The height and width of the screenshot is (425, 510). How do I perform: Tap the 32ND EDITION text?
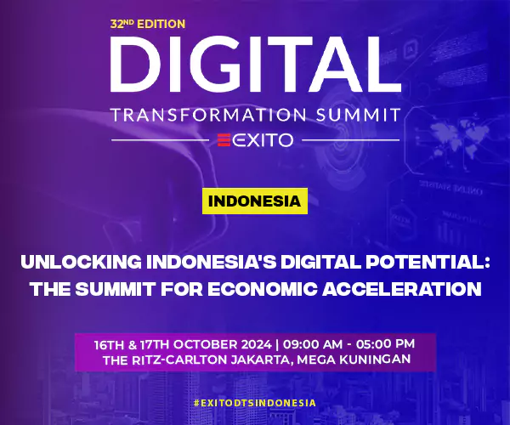pyautogui.click(x=147, y=25)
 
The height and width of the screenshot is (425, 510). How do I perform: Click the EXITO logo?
pyautogui.click(x=254, y=140)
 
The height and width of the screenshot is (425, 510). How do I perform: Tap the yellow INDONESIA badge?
pyautogui.click(x=254, y=202)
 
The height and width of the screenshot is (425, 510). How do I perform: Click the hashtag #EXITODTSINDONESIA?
pyautogui.click(x=254, y=402)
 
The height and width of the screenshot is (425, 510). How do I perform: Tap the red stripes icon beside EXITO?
pyautogui.click(x=224, y=140)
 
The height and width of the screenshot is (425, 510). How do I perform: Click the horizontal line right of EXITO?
pyautogui.click(x=349, y=140)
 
